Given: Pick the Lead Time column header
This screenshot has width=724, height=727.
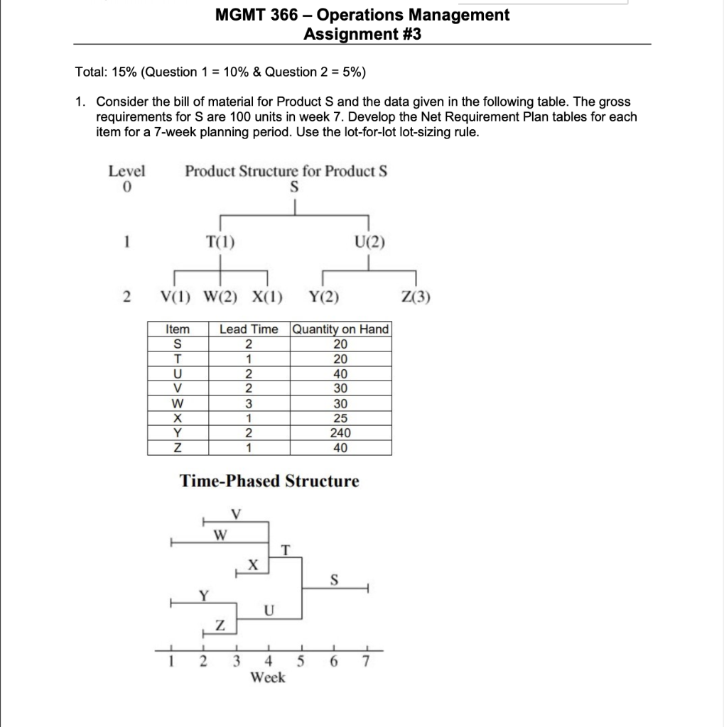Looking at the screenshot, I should point(249,329).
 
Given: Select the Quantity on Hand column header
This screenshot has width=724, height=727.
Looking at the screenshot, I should point(341,329).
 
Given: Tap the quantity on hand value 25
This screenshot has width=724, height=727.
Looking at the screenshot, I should point(341,418).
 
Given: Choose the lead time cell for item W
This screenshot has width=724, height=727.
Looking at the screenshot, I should point(249,403).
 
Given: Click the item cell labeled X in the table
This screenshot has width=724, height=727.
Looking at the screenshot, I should point(178,418).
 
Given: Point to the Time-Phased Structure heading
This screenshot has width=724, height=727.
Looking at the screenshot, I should point(269,481).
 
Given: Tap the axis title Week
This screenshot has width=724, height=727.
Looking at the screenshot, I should point(268,678).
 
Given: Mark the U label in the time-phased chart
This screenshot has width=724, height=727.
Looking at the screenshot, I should point(268,609).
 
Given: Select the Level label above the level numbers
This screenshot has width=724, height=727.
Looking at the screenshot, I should point(126,171).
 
